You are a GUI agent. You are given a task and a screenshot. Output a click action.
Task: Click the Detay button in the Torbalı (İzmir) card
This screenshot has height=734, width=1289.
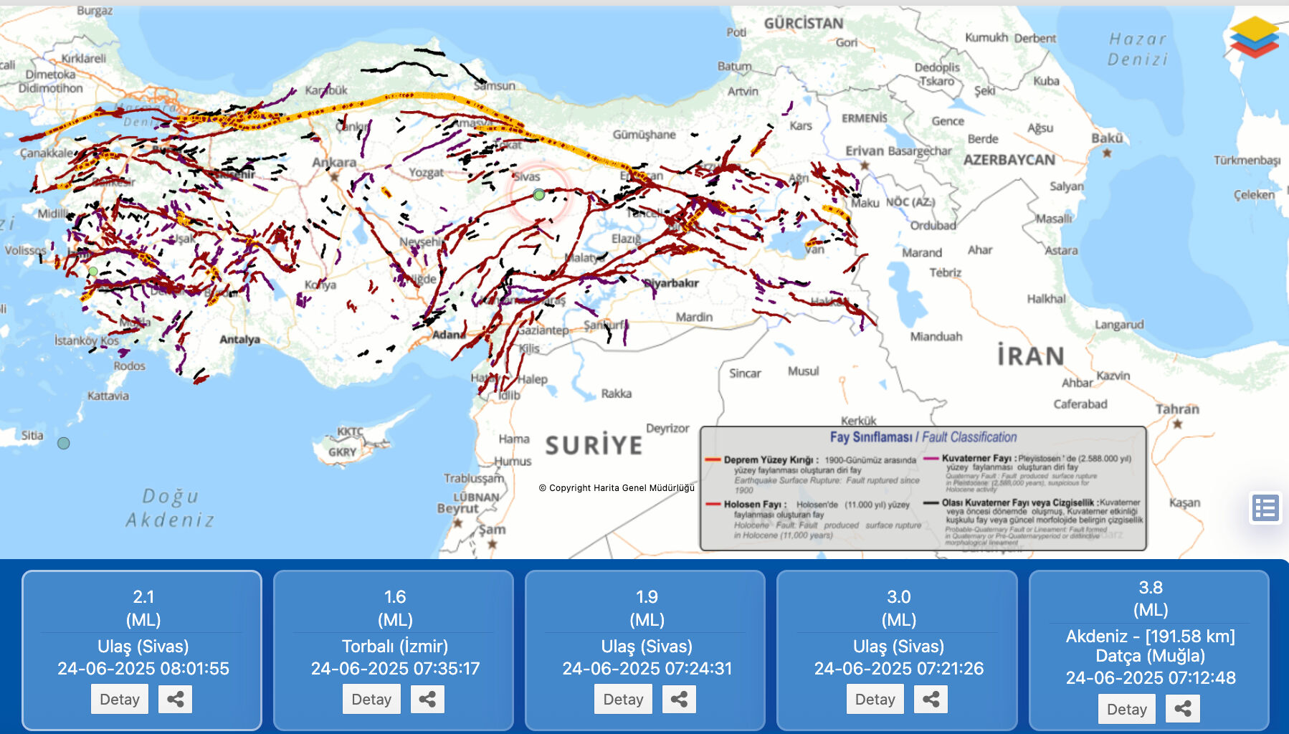click(x=371, y=699)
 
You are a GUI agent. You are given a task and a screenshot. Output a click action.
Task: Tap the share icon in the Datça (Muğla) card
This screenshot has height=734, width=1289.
click(x=1182, y=709)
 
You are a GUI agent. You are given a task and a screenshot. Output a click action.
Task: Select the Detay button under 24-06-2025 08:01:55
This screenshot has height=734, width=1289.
click(x=120, y=699)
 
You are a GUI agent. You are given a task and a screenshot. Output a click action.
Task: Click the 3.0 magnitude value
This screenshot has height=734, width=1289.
click(x=898, y=596)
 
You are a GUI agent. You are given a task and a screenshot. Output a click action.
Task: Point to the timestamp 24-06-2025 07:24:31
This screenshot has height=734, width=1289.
click(x=647, y=668)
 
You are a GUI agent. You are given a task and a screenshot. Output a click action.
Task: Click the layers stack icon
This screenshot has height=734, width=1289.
click(x=1254, y=37)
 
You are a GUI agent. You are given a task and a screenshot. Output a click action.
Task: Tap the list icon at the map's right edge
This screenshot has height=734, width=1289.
click(x=1265, y=508)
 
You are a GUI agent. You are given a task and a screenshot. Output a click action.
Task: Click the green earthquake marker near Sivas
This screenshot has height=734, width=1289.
click(x=539, y=194)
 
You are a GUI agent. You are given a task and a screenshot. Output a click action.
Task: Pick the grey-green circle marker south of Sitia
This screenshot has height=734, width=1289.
click(x=64, y=443)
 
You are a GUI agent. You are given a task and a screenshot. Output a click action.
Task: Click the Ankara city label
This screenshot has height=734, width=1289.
click(x=333, y=162)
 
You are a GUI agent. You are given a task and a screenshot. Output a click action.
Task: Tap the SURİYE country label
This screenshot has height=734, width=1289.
click(x=594, y=445)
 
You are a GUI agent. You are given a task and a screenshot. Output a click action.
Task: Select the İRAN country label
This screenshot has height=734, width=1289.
click(x=1030, y=356)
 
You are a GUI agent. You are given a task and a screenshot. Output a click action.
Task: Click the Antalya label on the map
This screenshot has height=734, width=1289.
click(x=239, y=339)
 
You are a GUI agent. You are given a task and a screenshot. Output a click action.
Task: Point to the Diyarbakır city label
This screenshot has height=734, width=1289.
click(x=672, y=282)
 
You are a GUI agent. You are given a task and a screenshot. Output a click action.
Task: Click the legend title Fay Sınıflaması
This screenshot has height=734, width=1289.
click(x=870, y=437)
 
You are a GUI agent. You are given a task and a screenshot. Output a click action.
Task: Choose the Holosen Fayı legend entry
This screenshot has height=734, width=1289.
click(x=754, y=505)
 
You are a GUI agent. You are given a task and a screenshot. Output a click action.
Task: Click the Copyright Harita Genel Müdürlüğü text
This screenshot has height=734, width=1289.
click(x=617, y=487)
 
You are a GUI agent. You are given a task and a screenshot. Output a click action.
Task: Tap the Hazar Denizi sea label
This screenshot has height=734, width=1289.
click(x=1138, y=49)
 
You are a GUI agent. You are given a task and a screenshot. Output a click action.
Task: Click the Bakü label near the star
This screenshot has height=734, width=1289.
click(x=1107, y=138)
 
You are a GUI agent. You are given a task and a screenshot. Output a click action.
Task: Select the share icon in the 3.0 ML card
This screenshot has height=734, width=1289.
click(x=931, y=699)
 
